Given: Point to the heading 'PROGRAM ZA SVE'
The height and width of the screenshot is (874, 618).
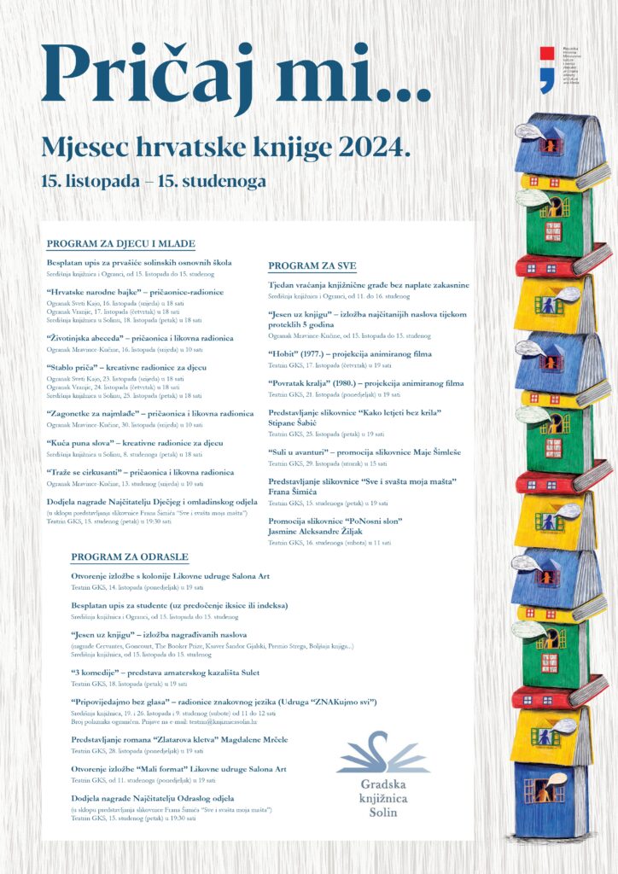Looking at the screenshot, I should coord(312,265).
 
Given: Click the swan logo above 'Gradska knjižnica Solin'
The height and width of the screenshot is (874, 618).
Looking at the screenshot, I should coord(383,752).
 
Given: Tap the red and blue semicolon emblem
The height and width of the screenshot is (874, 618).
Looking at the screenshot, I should coord(547,69).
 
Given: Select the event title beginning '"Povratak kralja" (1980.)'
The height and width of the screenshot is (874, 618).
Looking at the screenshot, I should coord(365,383).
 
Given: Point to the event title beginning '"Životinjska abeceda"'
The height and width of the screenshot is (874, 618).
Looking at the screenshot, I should coord(140,338).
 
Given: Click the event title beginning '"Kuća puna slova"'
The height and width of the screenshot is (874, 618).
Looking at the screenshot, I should coord(135,443).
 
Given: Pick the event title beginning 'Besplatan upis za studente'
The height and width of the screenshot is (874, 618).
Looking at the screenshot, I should coord(179,605).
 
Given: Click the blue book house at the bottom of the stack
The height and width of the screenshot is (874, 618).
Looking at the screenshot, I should coord(551,798).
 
